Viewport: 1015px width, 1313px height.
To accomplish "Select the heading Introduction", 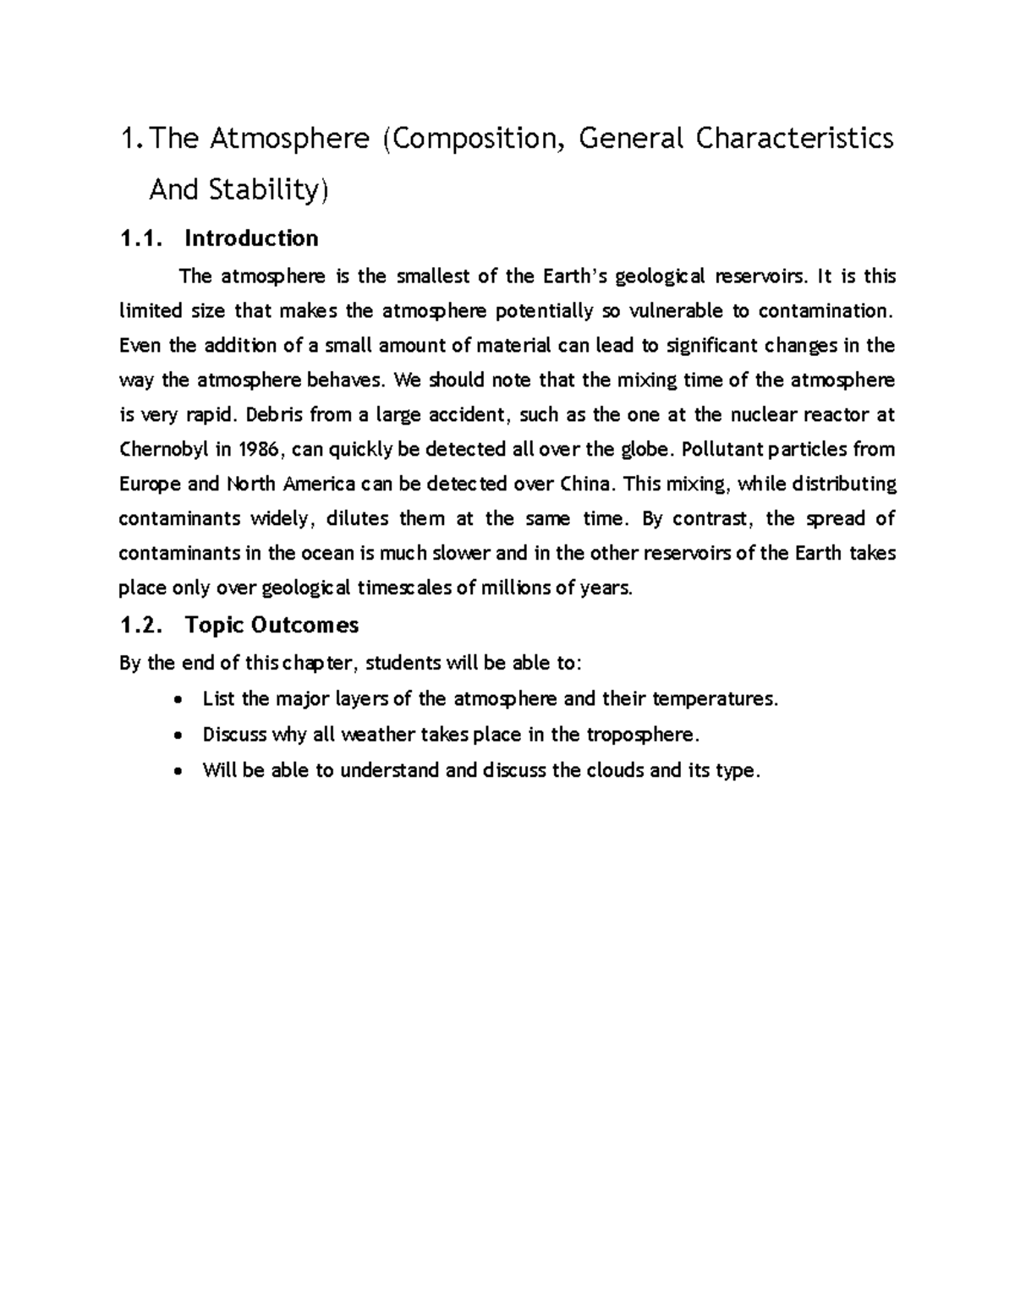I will coord(251,238).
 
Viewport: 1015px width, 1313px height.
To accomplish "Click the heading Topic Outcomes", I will coord(272,625).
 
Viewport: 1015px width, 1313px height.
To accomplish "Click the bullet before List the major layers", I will coord(176,700).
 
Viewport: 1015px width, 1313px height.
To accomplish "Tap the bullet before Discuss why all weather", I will coord(176,736).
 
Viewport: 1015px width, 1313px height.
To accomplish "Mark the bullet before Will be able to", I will coord(176,771).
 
